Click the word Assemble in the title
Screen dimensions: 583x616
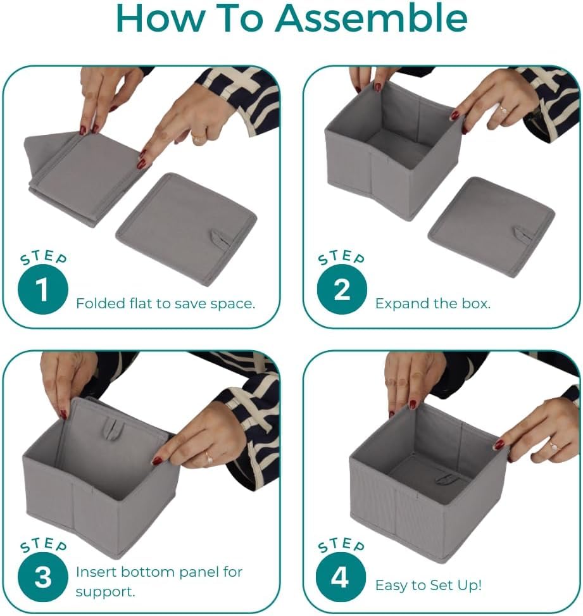[371, 18]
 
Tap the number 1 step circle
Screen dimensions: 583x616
[43, 289]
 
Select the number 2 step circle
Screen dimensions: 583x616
[342, 289]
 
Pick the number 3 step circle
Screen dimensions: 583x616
[43, 576]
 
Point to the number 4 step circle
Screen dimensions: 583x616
[341, 576]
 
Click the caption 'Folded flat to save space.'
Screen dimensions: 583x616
[165, 303]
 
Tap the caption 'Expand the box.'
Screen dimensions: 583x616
[433, 303]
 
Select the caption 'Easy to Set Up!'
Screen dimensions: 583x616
[428, 586]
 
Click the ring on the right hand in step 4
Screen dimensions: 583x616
[553, 446]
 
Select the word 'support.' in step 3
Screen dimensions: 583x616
[105, 592]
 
